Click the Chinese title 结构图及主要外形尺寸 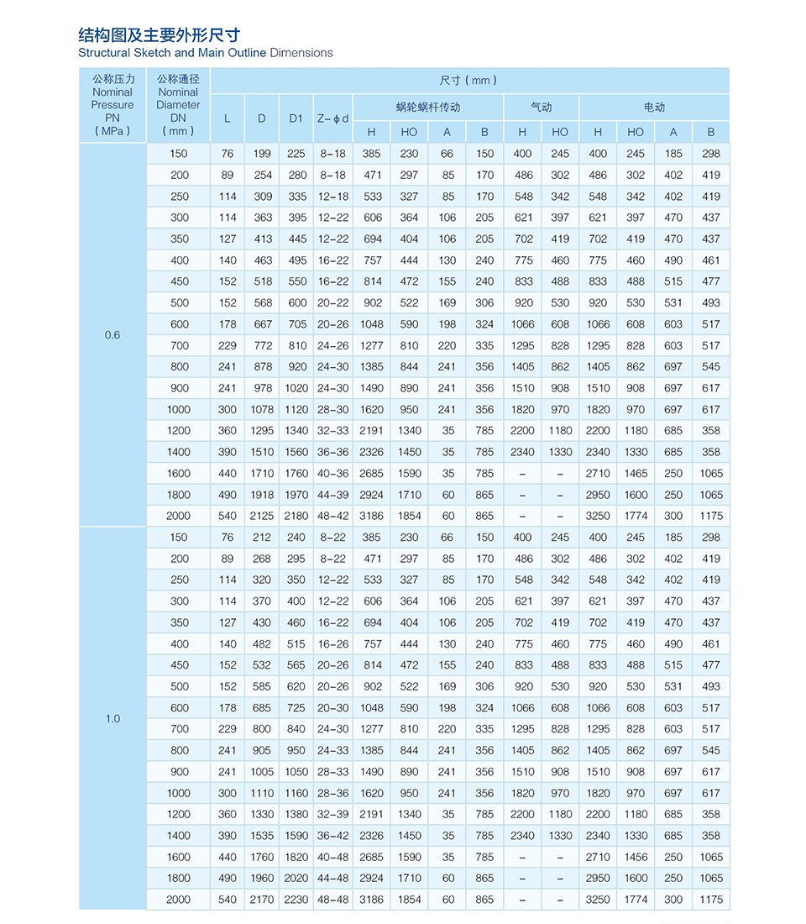click(159, 34)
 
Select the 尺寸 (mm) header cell click(468, 81)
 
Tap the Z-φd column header click(332, 118)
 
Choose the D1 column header click(296, 118)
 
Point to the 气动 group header click(542, 108)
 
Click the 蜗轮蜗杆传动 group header click(428, 108)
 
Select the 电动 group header click(654, 108)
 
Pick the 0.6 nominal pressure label click(113, 335)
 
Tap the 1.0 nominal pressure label click(113, 718)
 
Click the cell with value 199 click(262, 154)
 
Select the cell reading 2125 click(262, 516)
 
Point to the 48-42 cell click(332, 516)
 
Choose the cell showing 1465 click(636, 473)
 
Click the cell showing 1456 click(636, 857)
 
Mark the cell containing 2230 click(296, 900)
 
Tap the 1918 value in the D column click(262, 495)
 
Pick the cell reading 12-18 click(332, 197)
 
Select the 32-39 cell click(332, 814)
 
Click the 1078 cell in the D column click(262, 409)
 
